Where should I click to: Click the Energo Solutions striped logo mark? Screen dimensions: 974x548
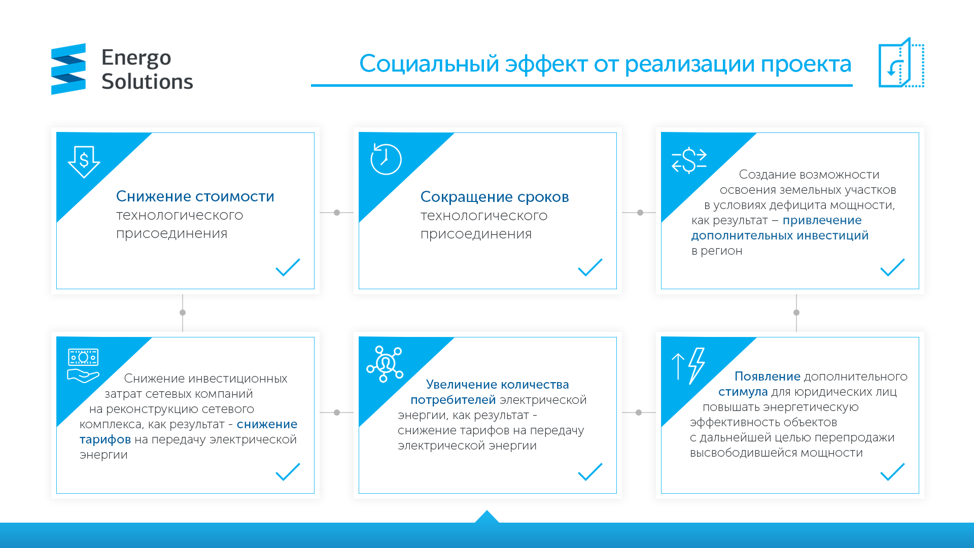point(68,69)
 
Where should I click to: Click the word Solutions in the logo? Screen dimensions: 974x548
point(147,82)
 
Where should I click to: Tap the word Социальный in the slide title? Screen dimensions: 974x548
point(429,64)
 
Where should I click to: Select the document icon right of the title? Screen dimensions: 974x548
point(901,62)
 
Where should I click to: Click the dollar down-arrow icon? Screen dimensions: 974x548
point(84,162)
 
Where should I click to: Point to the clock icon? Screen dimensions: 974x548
point(386,159)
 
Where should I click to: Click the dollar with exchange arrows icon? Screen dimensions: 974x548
point(689,160)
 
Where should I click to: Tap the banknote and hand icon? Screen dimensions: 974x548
point(83,366)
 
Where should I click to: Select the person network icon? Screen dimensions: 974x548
point(385,364)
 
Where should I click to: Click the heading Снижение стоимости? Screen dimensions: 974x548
point(195,196)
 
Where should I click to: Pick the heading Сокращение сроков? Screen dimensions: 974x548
point(495,197)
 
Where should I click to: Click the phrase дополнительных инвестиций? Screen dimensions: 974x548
point(780,235)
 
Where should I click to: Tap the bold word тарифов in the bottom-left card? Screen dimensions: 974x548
point(105,439)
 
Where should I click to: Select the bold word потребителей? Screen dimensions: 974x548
point(453,400)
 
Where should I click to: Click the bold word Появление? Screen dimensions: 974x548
point(768,376)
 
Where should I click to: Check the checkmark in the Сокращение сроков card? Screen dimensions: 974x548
point(590,267)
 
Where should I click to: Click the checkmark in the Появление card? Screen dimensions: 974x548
point(892,472)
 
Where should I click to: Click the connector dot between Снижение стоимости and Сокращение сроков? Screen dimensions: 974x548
point(337,213)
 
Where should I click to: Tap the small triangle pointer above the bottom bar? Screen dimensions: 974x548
point(487,517)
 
